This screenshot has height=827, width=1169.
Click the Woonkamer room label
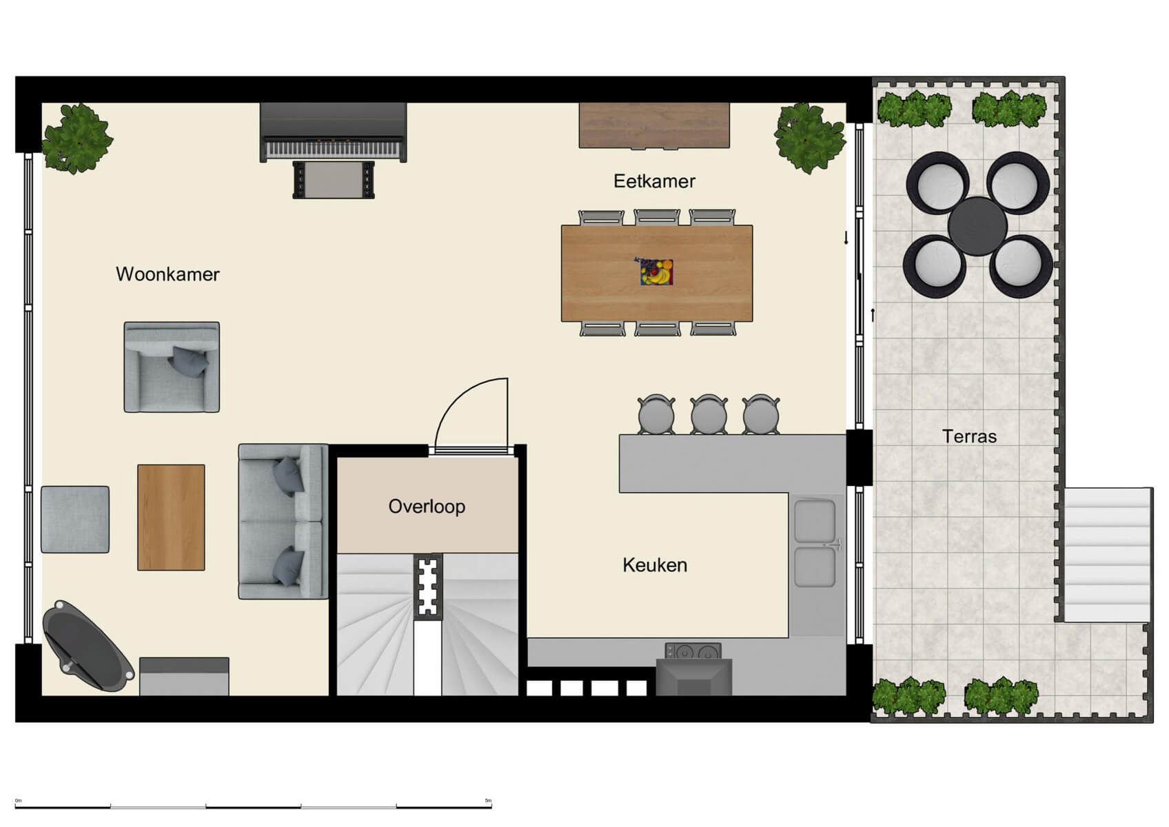[167, 274]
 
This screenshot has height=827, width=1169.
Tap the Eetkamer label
[654, 181]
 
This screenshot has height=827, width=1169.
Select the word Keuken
[654, 565]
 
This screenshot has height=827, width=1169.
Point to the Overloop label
[427, 507]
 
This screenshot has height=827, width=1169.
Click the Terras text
[969, 436]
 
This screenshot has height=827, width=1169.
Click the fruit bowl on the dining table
[656, 272]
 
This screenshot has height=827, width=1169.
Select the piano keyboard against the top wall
[334, 147]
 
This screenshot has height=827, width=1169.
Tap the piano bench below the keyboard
[334, 181]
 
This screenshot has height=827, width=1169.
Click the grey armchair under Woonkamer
[172, 367]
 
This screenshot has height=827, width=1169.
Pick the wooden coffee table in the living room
[171, 518]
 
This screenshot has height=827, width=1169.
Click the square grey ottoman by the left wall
[75, 520]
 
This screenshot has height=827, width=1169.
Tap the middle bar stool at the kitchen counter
[709, 414]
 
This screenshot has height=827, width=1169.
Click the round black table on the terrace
[977, 226]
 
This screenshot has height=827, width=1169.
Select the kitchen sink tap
[835, 544]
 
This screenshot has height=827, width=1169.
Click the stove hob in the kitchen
[693, 651]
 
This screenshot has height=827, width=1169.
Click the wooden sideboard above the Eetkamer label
[654, 125]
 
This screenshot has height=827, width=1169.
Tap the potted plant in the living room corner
[77, 139]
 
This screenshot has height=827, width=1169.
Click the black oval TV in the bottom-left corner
[88, 646]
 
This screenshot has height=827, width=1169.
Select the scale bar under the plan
[253, 806]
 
